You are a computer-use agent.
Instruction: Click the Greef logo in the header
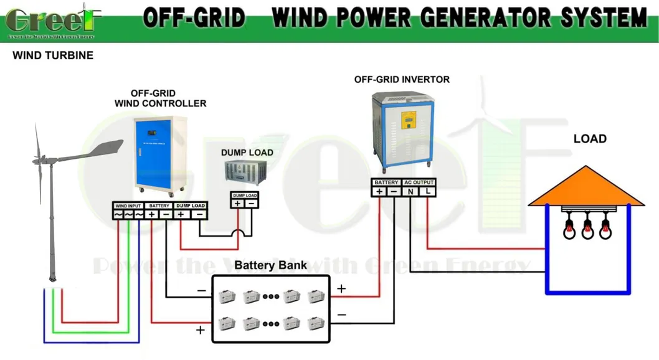click(x=54, y=21)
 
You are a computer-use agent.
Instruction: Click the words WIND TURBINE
click(x=53, y=55)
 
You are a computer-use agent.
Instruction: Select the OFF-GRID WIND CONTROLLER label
click(x=160, y=98)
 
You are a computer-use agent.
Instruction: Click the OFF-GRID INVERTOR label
click(x=402, y=80)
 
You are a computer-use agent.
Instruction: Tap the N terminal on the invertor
click(x=411, y=192)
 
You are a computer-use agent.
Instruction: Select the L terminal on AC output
click(x=428, y=192)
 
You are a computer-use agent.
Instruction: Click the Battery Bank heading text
click(x=270, y=265)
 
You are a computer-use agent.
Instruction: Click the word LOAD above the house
click(x=589, y=138)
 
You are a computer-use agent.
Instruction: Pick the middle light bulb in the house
click(x=587, y=229)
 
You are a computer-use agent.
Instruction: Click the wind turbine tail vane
click(x=103, y=149)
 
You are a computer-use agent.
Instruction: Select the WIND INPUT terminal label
click(x=128, y=206)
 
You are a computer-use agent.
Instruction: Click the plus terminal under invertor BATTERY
click(x=379, y=192)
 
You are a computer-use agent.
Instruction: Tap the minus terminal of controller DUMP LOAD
click(x=199, y=214)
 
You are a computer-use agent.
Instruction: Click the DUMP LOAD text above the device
click(x=247, y=153)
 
